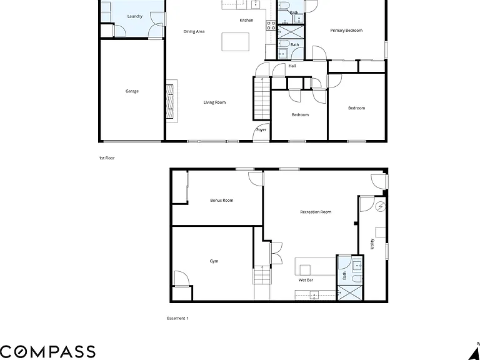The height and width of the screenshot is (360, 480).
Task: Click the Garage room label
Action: (x=132, y=91)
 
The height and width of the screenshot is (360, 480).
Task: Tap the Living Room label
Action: (x=214, y=102)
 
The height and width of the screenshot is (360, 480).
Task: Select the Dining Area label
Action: (x=194, y=31)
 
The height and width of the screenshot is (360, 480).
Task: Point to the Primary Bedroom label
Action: (x=346, y=31)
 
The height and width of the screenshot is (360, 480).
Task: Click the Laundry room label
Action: (x=135, y=16)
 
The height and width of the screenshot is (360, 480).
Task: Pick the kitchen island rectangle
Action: (x=236, y=42)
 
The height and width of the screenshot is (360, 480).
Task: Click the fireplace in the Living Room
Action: (x=170, y=101)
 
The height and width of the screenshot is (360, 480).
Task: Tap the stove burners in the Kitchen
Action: (x=271, y=26)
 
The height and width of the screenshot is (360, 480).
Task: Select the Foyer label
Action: (x=261, y=130)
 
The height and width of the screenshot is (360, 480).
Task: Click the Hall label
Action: (x=292, y=66)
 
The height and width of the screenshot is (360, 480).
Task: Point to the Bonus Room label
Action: (x=222, y=201)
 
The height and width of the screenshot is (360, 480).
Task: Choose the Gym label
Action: (x=214, y=261)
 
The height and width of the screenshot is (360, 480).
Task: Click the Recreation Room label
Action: (x=316, y=212)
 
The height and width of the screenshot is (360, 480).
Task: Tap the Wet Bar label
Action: (x=306, y=280)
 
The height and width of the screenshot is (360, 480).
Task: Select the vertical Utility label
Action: (x=372, y=244)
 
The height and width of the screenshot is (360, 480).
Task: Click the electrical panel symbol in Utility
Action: (x=381, y=206)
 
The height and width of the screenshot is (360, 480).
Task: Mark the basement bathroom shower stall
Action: (x=349, y=292)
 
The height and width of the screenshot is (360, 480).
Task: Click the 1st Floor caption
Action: (x=106, y=158)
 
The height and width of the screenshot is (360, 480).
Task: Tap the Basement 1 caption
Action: (x=177, y=318)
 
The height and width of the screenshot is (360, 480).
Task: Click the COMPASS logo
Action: (x=47, y=352)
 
